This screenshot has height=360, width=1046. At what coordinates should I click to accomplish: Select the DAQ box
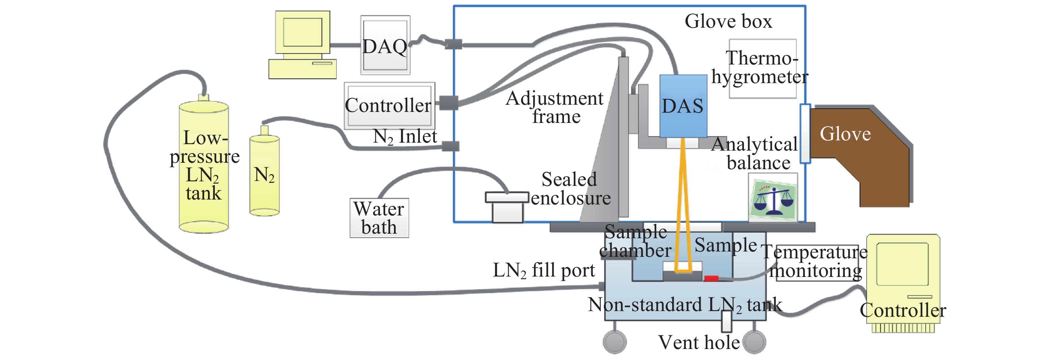click(x=385, y=46)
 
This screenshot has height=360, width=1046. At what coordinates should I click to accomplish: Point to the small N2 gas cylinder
click(x=264, y=174)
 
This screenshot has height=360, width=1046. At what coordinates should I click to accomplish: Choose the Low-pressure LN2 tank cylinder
click(x=204, y=167)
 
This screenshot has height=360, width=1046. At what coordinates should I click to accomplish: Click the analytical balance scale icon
click(x=773, y=198)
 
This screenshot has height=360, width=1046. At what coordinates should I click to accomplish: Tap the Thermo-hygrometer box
click(x=762, y=68)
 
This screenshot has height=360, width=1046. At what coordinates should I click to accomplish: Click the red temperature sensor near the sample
click(x=711, y=278)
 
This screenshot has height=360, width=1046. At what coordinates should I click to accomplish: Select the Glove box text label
click(x=728, y=21)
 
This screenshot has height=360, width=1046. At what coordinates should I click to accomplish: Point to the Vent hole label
click(x=699, y=343)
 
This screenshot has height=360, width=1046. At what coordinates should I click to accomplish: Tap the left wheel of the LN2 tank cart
click(x=614, y=342)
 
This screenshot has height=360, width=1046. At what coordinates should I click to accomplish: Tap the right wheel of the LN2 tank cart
click(x=754, y=342)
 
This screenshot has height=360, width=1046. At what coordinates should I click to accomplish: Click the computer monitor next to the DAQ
click(x=302, y=33)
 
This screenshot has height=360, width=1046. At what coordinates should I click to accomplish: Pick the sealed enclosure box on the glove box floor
click(x=507, y=207)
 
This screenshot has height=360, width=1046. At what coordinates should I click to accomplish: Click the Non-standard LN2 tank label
click(x=685, y=305)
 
